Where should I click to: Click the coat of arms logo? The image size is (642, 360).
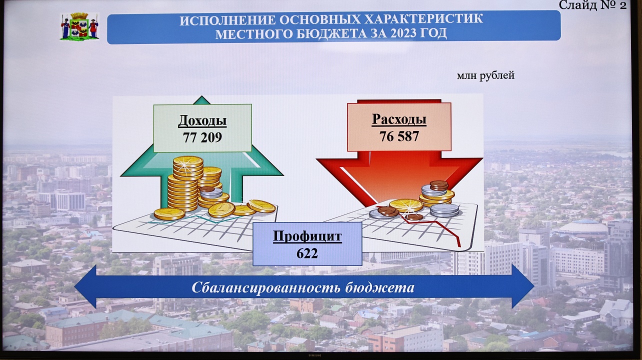pos(79,26)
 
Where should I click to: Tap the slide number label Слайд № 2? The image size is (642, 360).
pos(592,5)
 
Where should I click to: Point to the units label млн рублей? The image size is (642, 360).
pos(485,75)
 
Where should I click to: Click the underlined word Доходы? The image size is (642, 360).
pos(202,120)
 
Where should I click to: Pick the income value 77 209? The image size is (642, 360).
pos(202,137)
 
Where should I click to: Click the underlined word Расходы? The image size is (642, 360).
pos(399,119)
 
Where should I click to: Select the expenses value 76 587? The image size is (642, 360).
pos(399,136)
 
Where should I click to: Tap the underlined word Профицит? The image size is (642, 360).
pos(307,236)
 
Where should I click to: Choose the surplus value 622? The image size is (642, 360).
pos(307,253)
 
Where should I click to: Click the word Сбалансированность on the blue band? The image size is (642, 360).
pos(266,287)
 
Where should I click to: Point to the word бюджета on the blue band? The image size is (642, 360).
pos(380,287)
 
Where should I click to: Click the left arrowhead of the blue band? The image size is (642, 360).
pos(85,286)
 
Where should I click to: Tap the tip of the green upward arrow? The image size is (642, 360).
pos(202,96)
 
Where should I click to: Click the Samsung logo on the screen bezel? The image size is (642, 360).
pos(314,356)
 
